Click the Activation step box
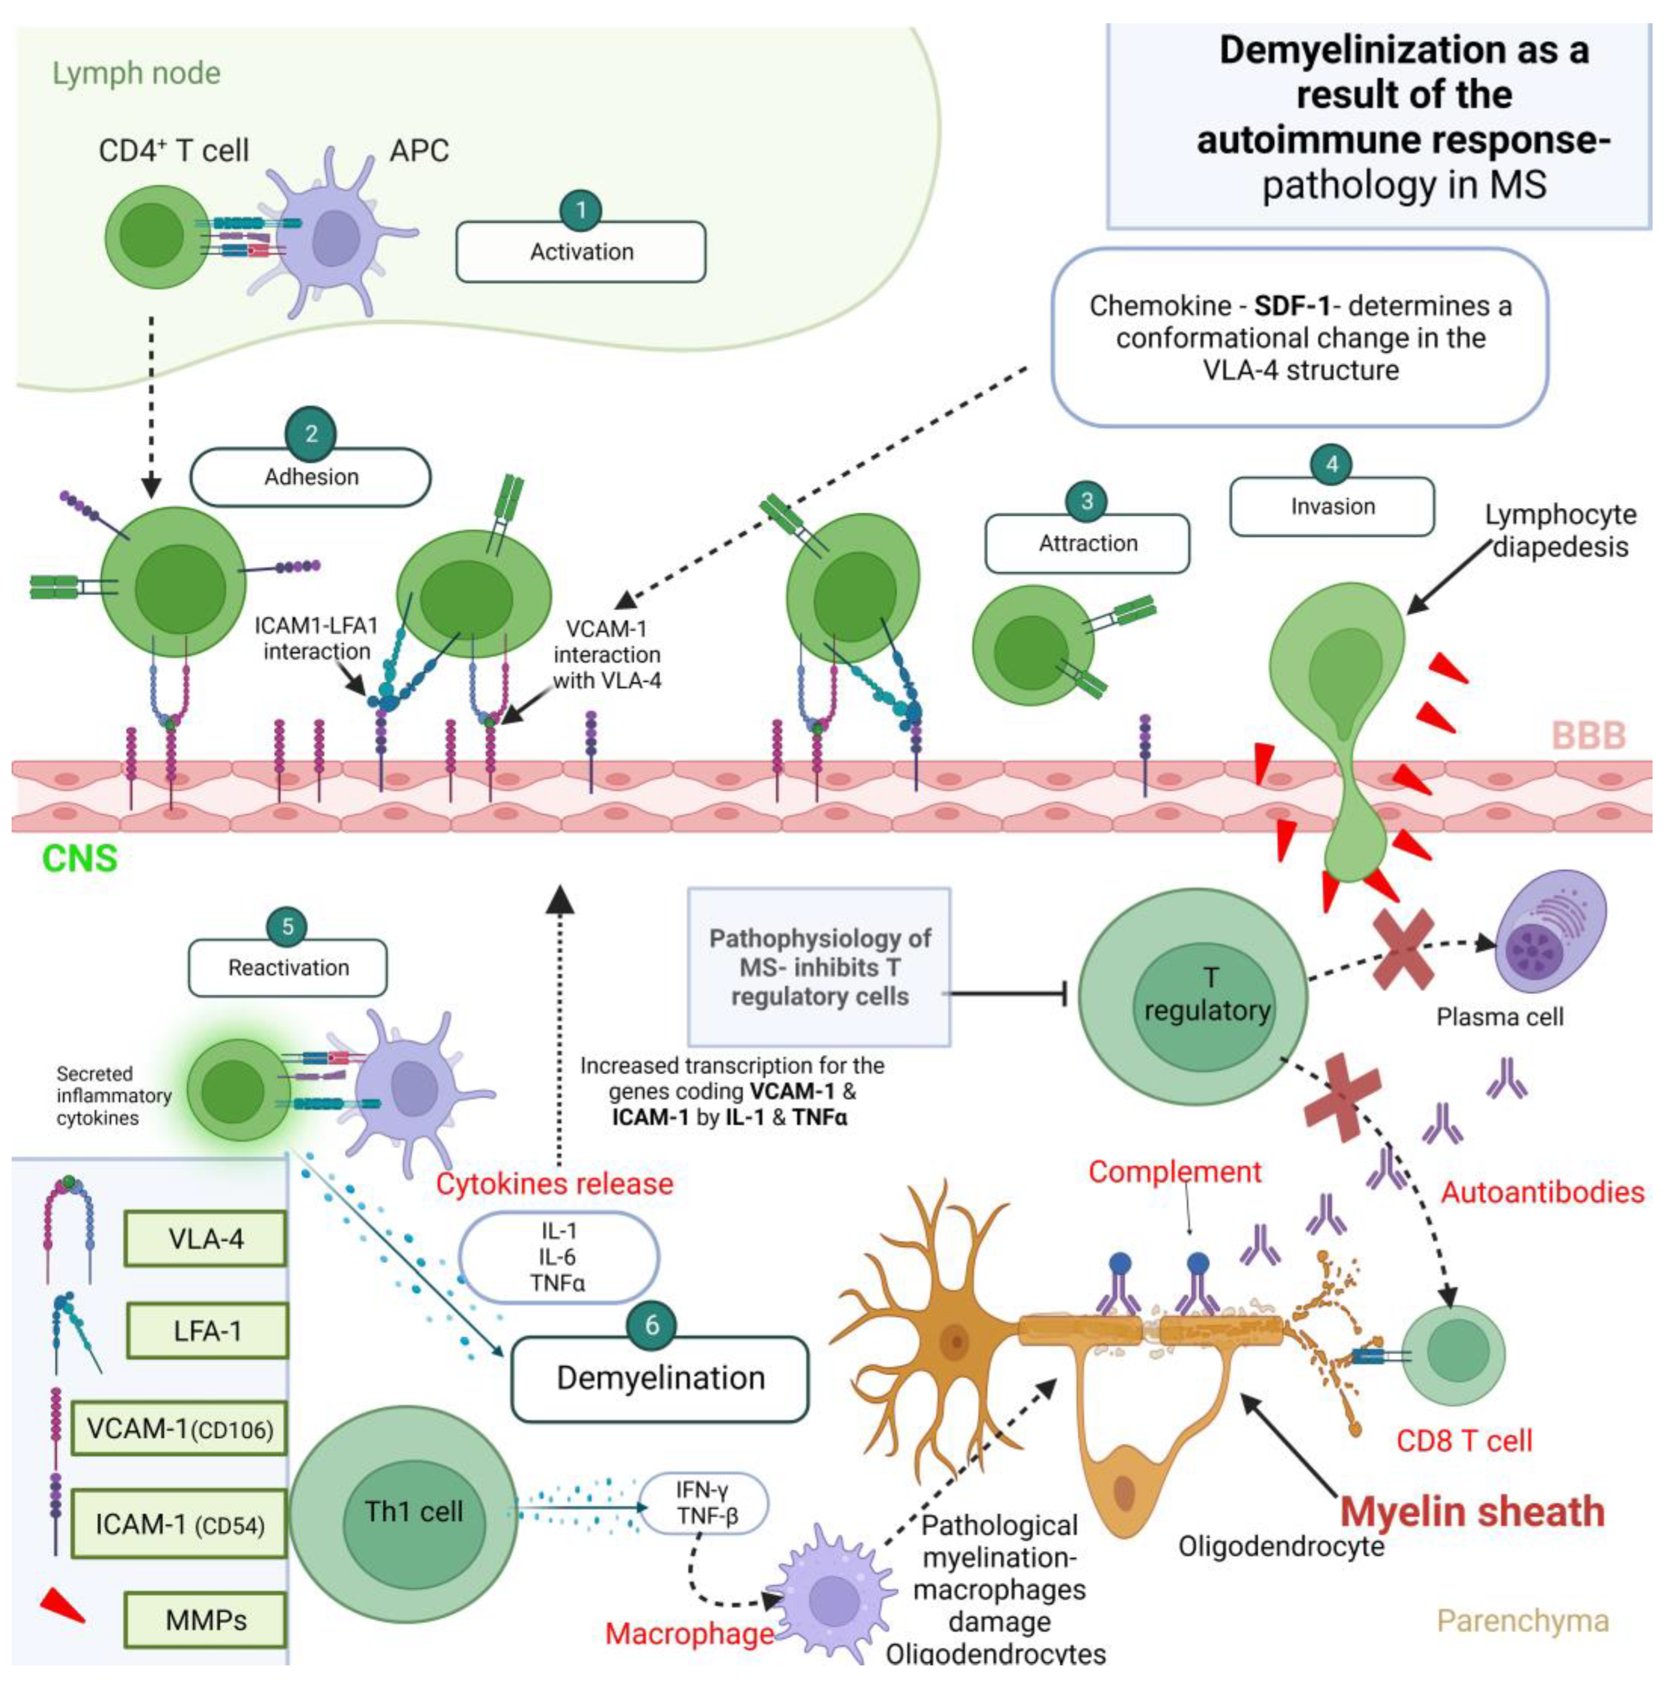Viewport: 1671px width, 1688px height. pos(581,252)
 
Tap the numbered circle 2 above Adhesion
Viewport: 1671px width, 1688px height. pos(311,434)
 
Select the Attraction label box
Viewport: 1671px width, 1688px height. pos(1088,543)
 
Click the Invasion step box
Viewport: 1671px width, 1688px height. pos(1332,507)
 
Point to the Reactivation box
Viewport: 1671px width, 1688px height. pos(288,968)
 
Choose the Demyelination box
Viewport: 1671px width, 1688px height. pos(660,1378)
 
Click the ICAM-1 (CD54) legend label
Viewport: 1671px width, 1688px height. pos(179,1525)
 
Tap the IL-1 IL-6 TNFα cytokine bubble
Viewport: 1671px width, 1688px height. pos(559,1257)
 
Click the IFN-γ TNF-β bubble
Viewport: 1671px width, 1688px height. pos(704,1503)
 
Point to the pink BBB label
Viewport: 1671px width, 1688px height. pos(1588,736)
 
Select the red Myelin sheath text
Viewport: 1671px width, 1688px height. pos(1472,1512)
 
